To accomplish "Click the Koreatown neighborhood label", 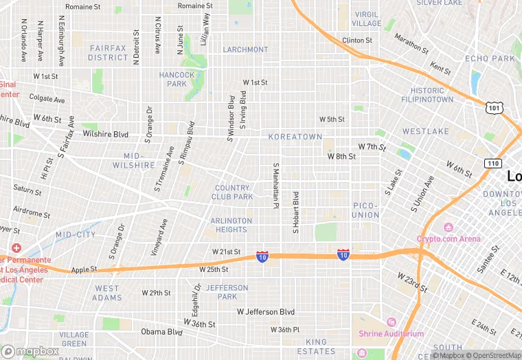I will point(295,137).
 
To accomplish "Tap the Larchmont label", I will point(245,49).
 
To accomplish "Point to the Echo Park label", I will point(490,58).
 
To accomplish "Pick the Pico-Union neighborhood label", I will point(365,210).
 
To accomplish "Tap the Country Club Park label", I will point(233,192).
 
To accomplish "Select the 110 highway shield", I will point(492,163).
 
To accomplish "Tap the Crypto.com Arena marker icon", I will point(449,227).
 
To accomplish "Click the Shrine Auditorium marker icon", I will point(391,322).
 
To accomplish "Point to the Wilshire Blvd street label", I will point(106,134).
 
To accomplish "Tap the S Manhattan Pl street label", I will point(275,185).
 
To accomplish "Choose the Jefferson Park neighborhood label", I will point(227,292).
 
